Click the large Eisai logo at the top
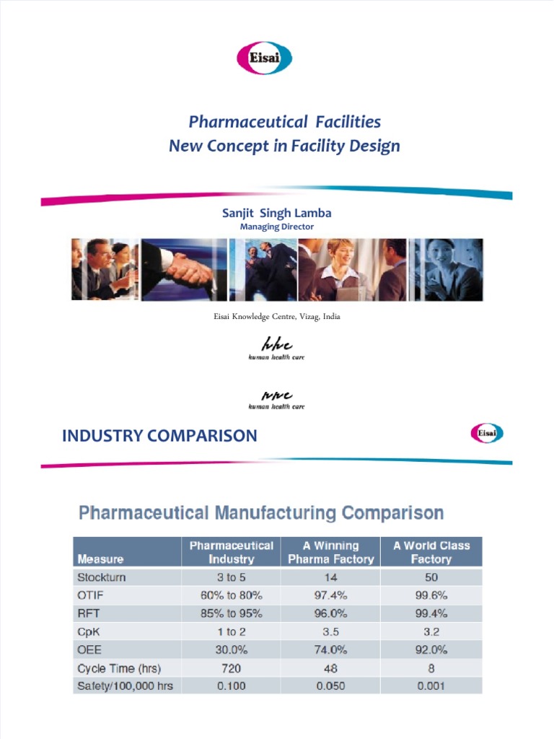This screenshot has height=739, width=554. [x=264, y=58]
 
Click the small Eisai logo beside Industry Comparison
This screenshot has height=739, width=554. [x=487, y=433]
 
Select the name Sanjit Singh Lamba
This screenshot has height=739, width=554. [x=277, y=213]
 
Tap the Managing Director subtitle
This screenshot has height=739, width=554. [x=277, y=227]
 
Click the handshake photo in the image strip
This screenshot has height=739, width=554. [x=183, y=270]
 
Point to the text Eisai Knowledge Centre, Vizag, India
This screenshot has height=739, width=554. [x=277, y=317]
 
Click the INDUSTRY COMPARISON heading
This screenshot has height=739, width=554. [x=159, y=436]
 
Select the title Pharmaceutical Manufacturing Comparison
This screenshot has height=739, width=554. [x=260, y=514]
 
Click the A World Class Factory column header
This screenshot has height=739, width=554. [x=431, y=552]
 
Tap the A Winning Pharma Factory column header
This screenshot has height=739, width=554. [x=331, y=552]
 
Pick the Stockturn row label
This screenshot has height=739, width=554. [x=101, y=577]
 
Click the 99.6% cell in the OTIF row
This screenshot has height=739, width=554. [x=431, y=595]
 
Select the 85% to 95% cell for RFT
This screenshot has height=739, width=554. [x=232, y=613]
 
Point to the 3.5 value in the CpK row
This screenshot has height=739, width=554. [x=331, y=631]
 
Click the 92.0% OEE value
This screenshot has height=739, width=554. [x=431, y=650]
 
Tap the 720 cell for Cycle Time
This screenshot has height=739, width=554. [x=232, y=668]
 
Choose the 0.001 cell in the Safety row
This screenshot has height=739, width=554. [x=431, y=686]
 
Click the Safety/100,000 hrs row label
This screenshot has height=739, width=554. [x=125, y=686]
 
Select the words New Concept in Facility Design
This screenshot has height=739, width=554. [x=283, y=147]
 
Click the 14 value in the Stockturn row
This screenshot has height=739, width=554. [x=331, y=577]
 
